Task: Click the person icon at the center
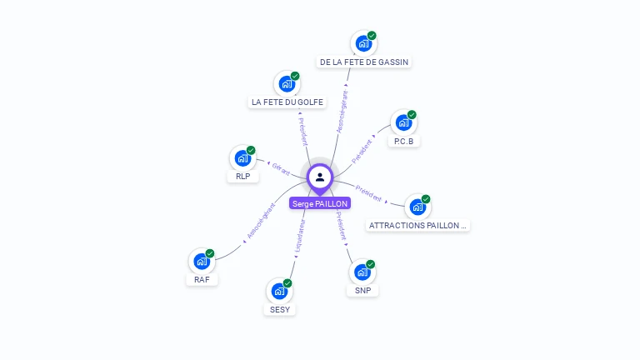click(x=320, y=177)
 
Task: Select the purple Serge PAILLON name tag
click(x=320, y=203)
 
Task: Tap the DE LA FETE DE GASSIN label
click(x=365, y=62)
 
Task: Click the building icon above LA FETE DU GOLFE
click(x=287, y=84)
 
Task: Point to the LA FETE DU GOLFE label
click(x=287, y=102)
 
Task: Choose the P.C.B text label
click(x=403, y=142)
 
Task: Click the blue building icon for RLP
click(x=242, y=158)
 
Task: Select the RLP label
click(x=242, y=177)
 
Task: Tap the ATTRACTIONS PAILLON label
click(x=418, y=225)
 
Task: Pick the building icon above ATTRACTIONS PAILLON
click(x=417, y=207)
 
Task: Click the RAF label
click(x=202, y=280)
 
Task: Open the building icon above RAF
click(x=202, y=261)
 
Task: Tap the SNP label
click(x=362, y=291)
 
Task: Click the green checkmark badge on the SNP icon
click(x=370, y=264)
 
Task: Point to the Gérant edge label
click(x=281, y=168)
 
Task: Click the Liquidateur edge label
click(x=301, y=236)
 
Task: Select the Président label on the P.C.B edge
click(x=362, y=151)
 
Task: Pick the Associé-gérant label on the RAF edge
click(x=260, y=221)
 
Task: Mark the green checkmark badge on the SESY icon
click(x=287, y=283)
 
